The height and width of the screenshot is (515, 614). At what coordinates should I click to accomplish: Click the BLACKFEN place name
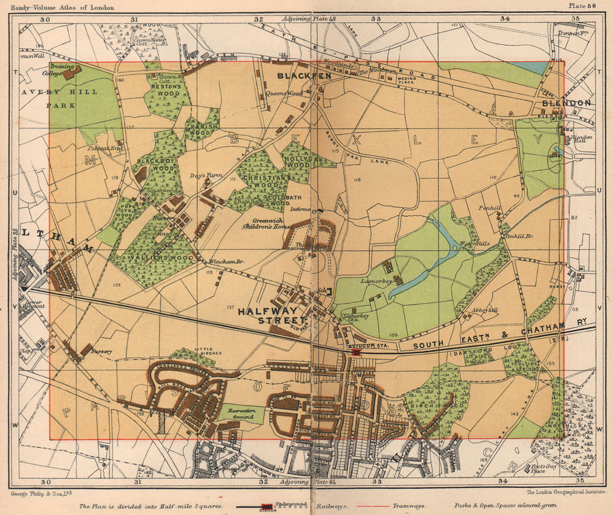click(295, 76)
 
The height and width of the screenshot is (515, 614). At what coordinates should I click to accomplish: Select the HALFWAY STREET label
click(273, 316)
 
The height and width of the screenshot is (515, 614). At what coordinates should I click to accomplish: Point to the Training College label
click(61, 69)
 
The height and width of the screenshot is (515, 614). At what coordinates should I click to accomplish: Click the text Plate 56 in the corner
click(582, 6)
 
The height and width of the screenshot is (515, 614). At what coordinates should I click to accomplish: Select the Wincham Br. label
click(227, 262)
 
